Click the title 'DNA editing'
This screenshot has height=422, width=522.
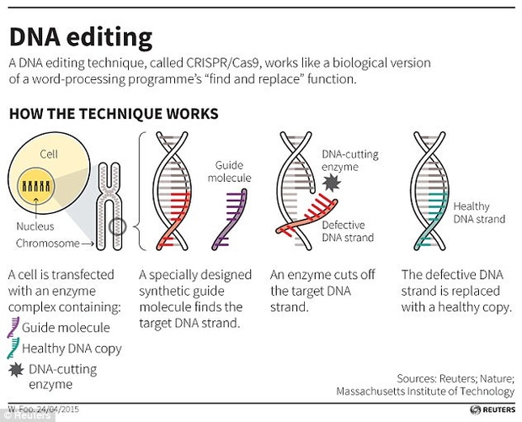(x=81, y=37)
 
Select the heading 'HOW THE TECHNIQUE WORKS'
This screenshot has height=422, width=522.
(x=114, y=112)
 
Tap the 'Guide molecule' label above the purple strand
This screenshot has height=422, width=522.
(x=229, y=172)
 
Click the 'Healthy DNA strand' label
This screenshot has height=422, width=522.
(x=479, y=212)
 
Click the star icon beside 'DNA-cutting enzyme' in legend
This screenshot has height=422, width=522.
(x=14, y=370)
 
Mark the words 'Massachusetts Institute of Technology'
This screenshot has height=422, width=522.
(x=424, y=391)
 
